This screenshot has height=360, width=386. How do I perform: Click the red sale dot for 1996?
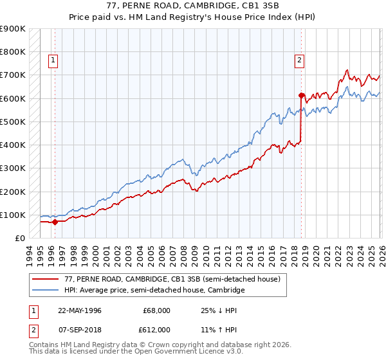[55, 222]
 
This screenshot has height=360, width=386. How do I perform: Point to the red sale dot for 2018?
[301, 95]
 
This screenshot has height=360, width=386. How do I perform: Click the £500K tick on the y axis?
[13, 122]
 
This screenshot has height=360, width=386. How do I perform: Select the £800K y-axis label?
[13, 51]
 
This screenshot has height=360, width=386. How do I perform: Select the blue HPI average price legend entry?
[154, 291]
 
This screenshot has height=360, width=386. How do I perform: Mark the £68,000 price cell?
[156, 310]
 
